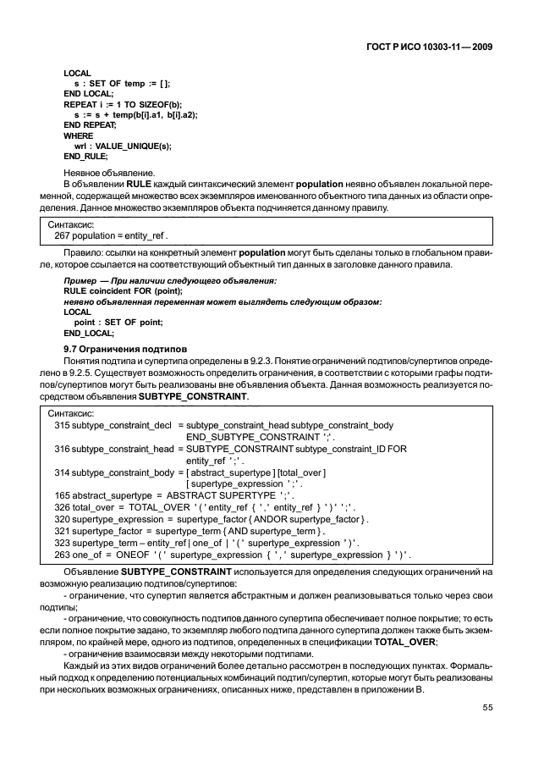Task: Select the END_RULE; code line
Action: [85, 156]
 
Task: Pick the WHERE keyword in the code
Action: [79, 135]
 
